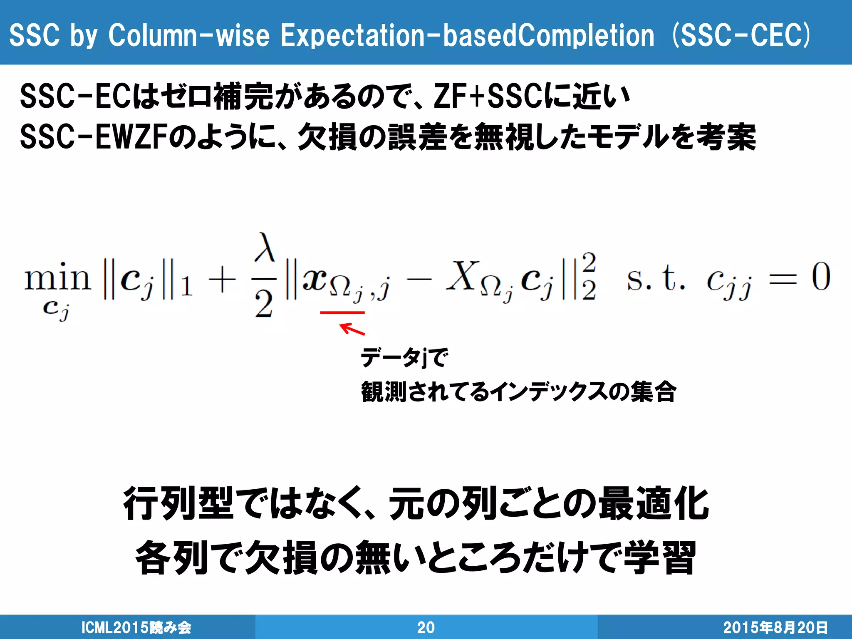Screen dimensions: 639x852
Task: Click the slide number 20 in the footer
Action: point(426,627)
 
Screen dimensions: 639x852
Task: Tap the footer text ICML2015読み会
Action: point(136,627)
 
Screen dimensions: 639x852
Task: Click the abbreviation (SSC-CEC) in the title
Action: point(741,35)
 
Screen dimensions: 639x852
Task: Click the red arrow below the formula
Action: point(352,329)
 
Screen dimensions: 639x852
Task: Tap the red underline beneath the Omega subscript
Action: point(342,312)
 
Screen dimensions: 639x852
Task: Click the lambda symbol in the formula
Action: point(265,248)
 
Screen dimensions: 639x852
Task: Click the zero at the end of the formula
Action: point(821,277)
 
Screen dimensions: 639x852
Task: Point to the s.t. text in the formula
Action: point(655,278)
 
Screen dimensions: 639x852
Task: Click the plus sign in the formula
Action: point(222,280)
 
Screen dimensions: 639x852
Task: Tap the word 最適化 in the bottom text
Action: point(654,504)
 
